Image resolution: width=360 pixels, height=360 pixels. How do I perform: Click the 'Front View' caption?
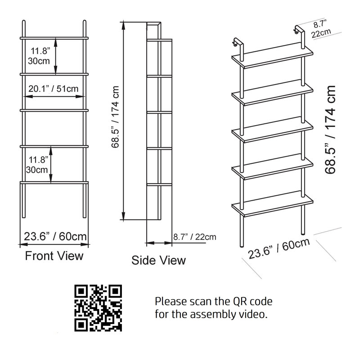pyautogui.click(x=54, y=256)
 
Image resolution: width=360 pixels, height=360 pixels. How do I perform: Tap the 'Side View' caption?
pyautogui.click(x=158, y=261)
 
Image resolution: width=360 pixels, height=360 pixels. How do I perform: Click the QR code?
pyautogui.click(x=98, y=308)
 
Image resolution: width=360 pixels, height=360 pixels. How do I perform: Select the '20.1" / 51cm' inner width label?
pyautogui.click(x=53, y=89)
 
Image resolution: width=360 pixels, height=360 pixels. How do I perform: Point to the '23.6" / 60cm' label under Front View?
pyautogui.click(x=55, y=237)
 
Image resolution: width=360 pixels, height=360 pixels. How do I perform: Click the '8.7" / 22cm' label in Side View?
pyautogui.click(x=195, y=237)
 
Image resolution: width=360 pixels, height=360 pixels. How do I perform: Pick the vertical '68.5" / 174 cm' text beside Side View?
pyautogui.click(x=115, y=117)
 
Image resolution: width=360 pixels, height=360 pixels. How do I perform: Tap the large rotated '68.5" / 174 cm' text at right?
pyautogui.click(x=330, y=130)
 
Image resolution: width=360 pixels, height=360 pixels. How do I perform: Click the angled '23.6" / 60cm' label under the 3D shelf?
pyautogui.click(x=279, y=248)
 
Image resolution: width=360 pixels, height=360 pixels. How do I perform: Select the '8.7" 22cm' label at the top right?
pyautogui.click(x=321, y=29)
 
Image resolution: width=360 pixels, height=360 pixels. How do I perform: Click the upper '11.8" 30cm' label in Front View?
pyautogui.click(x=39, y=56)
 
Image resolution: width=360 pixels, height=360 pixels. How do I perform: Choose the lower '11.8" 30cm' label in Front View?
pyautogui.click(x=37, y=165)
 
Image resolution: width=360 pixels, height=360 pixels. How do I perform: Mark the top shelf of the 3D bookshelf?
pyautogui.click(x=272, y=56)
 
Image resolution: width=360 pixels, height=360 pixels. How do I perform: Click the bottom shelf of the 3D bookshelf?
pyautogui.click(x=272, y=204)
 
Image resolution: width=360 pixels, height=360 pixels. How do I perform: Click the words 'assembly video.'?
pyautogui.click(x=229, y=314)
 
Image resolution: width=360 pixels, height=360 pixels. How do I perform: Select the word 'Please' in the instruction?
pyautogui.click(x=171, y=301)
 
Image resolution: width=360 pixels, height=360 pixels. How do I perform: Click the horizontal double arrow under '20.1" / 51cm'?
pyautogui.click(x=54, y=97)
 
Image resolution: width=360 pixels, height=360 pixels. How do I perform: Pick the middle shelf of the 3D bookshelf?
pyautogui.click(x=272, y=130)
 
